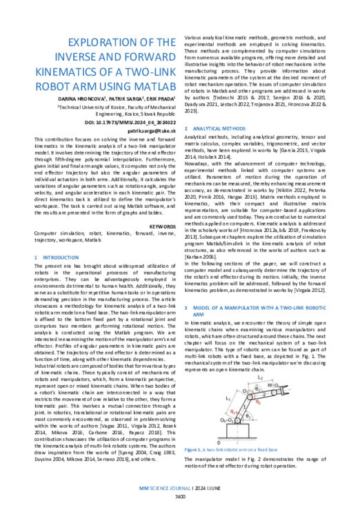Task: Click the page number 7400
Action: click(180, 496)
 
